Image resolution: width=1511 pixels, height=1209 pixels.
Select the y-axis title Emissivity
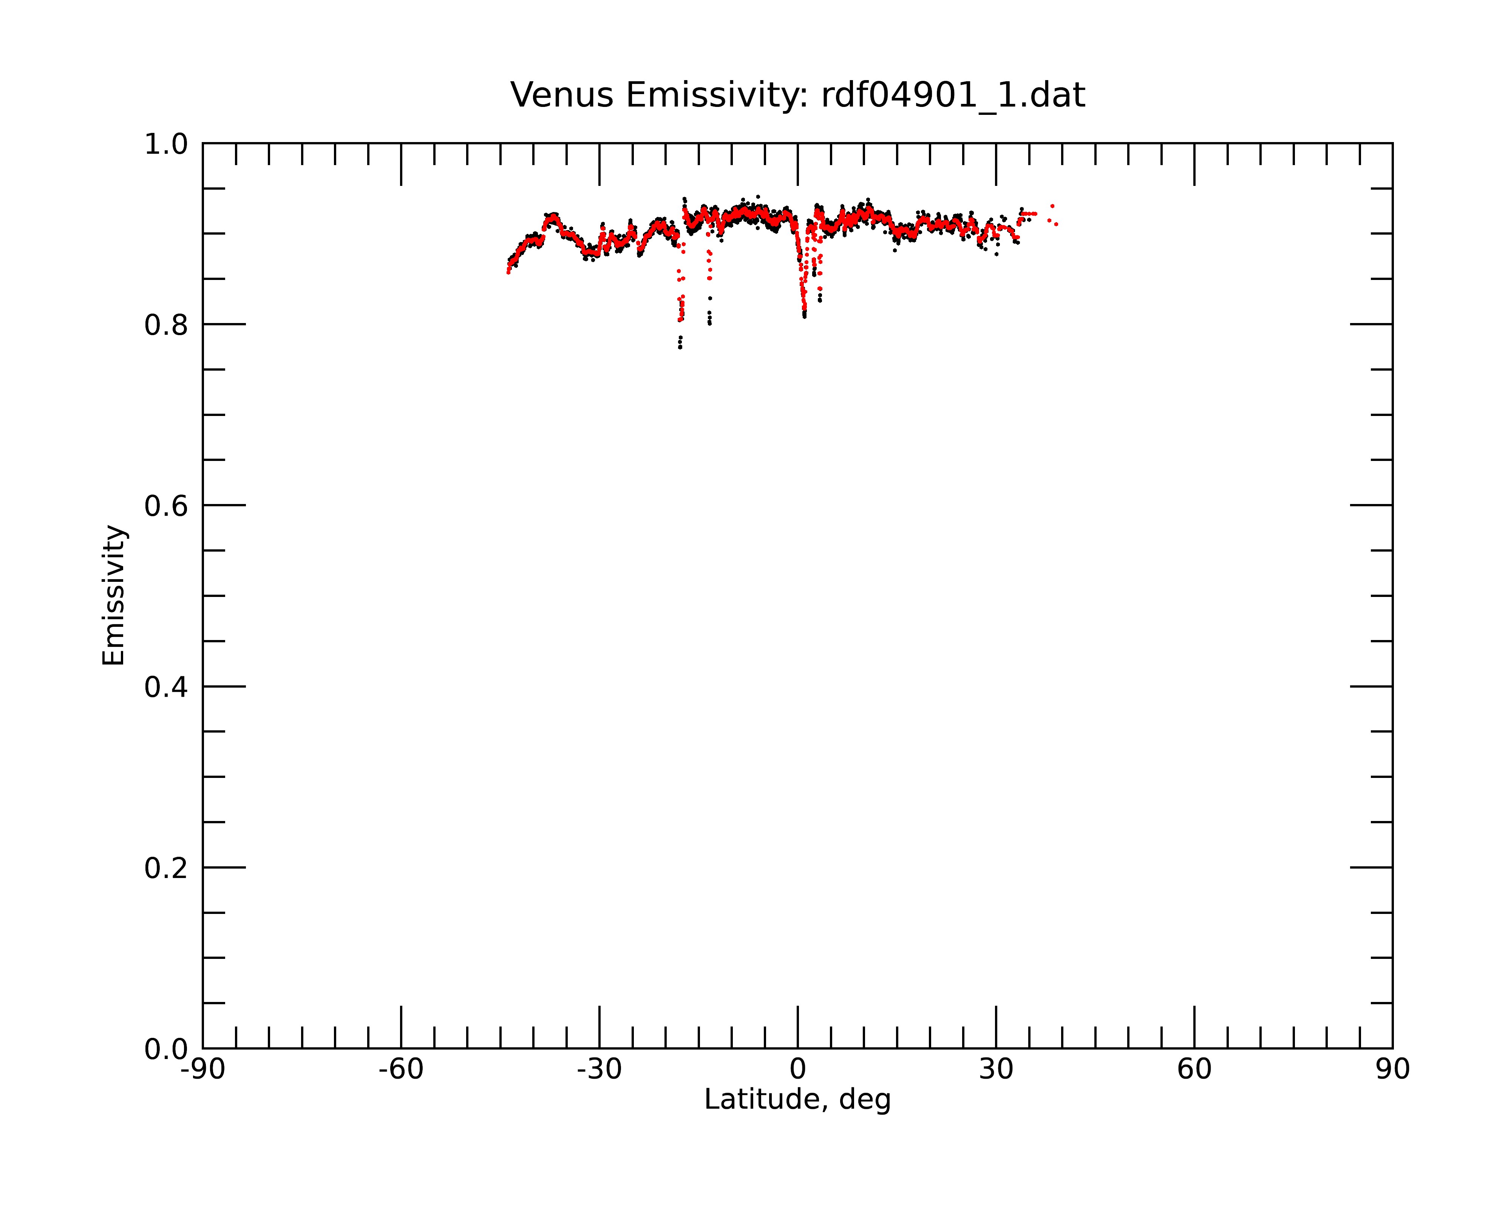(x=114, y=595)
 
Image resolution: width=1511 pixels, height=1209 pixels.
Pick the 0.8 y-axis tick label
(x=166, y=325)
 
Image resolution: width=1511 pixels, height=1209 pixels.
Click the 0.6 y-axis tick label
(x=166, y=506)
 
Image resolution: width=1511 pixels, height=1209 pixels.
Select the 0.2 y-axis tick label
(x=166, y=868)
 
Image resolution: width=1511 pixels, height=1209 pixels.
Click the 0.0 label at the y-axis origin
(x=166, y=1049)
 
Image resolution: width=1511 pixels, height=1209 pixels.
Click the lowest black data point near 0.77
(x=680, y=347)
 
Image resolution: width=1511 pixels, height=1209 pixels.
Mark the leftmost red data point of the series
(x=508, y=272)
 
